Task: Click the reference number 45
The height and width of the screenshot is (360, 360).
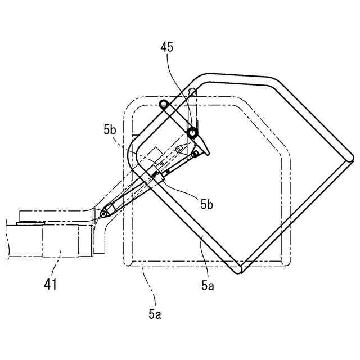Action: (x=166, y=47)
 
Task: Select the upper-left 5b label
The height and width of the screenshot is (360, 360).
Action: (x=110, y=130)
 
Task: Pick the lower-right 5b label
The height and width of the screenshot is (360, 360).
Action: (x=206, y=204)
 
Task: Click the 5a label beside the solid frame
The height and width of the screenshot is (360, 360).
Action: (x=208, y=285)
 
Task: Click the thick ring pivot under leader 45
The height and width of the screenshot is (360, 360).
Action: (x=192, y=133)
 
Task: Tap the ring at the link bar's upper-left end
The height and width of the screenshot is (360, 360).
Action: (x=164, y=104)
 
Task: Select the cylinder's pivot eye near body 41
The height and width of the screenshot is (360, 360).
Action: (x=103, y=214)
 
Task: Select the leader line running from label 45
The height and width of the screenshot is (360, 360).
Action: (x=179, y=90)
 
